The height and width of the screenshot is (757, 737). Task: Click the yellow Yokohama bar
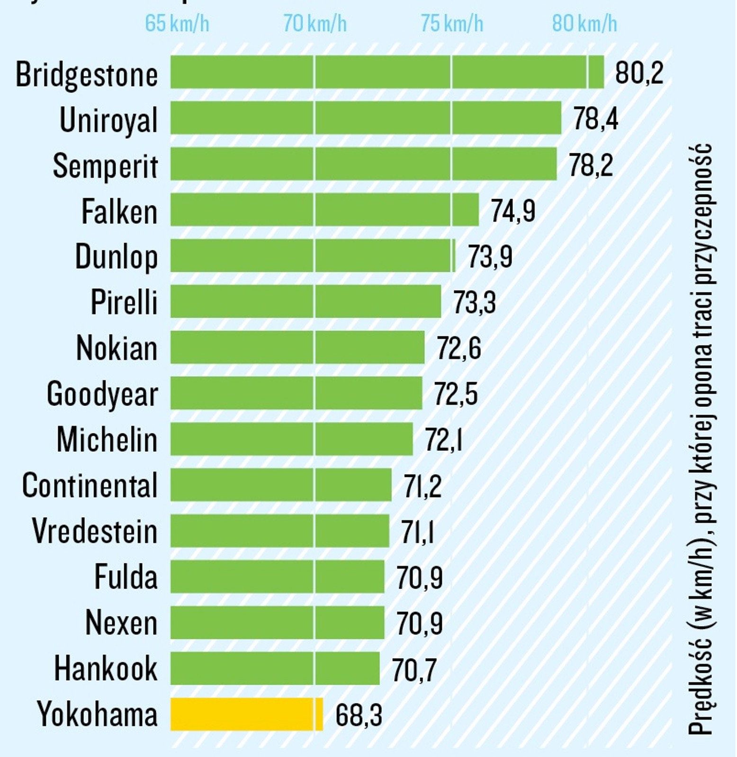coord(246,714)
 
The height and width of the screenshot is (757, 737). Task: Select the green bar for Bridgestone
coord(387,72)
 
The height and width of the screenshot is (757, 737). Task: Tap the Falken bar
coord(324,210)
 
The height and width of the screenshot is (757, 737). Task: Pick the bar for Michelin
coord(291,439)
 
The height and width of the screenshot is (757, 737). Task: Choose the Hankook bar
coord(275,668)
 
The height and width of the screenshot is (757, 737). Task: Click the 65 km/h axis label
coord(177,23)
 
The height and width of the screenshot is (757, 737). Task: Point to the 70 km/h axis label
coord(315,23)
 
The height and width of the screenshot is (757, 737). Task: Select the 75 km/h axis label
coord(452,23)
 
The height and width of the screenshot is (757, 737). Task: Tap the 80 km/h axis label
coord(584,23)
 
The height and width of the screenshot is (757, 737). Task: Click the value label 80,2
coord(639,73)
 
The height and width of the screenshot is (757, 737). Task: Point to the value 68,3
coord(359,715)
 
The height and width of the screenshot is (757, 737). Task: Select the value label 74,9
coord(512,211)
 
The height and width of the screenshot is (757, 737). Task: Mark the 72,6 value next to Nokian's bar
coord(458,348)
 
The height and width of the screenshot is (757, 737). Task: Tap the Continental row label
coord(90,485)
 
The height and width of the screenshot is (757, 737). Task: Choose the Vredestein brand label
coord(94,531)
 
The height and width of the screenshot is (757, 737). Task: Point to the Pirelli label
coord(124,302)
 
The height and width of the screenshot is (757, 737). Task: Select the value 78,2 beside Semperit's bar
coord(591,165)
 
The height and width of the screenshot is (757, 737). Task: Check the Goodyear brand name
coord(102,394)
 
